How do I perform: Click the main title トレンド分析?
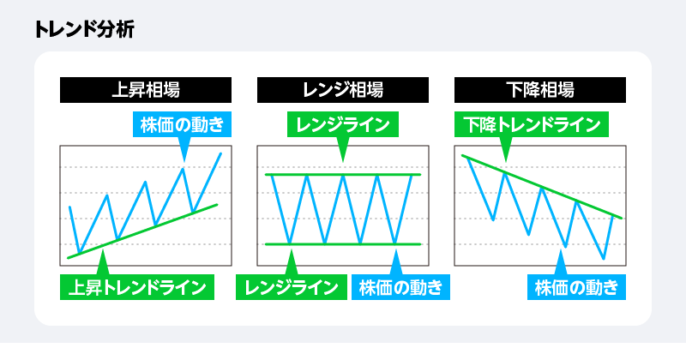tap(84, 29)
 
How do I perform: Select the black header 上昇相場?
tap(146, 88)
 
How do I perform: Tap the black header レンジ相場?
tap(343, 88)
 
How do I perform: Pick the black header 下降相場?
tap(539, 88)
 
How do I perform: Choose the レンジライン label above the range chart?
tap(343, 123)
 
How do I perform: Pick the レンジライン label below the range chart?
tap(292, 285)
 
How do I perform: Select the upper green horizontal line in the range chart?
tap(343, 175)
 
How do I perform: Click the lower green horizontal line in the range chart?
tap(343, 244)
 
